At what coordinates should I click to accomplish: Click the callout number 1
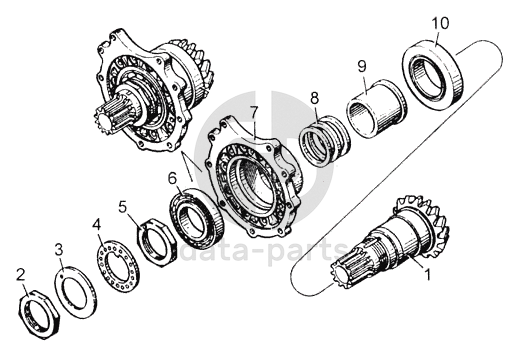click(428, 275)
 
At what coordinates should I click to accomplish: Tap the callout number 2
click(21, 275)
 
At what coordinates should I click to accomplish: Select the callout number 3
click(59, 251)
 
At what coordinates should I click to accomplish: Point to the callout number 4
click(97, 224)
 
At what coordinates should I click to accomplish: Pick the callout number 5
click(123, 207)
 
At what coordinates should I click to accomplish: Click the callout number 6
click(172, 178)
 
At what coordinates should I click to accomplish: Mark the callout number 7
click(254, 112)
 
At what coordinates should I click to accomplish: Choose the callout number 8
click(314, 98)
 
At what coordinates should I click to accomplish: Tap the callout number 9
click(362, 66)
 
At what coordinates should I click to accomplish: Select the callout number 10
click(441, 24)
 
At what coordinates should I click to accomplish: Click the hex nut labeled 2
click(38, 314)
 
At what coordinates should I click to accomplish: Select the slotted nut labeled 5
click(157, 241)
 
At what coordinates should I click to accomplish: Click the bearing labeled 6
click(197, 217)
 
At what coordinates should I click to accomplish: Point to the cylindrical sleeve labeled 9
click(376, 108)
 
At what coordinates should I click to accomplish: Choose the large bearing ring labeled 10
click(432, 73)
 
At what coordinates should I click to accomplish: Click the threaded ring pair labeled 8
click(325, 141)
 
